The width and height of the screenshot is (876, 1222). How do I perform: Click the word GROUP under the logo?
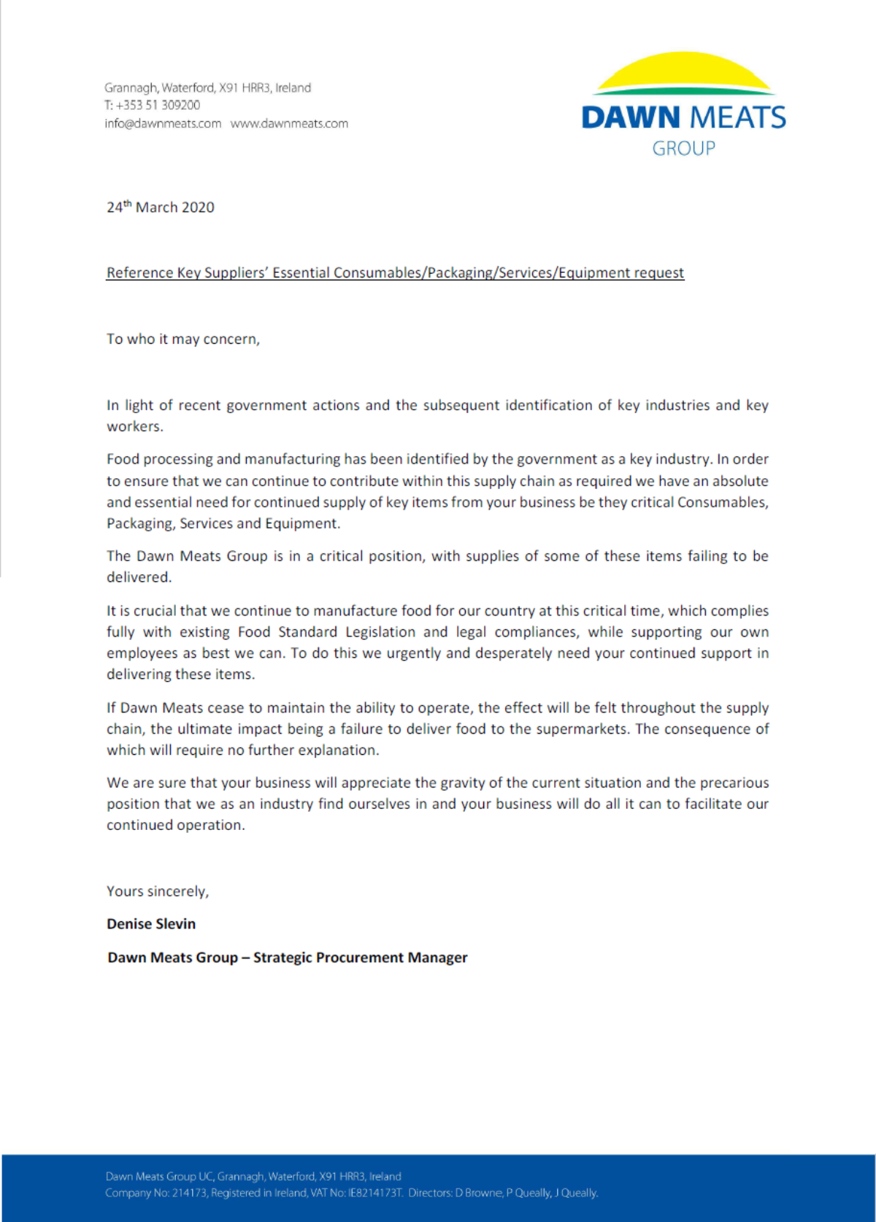point(683,148)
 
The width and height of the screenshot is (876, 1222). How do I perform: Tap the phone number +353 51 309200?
point(158,105)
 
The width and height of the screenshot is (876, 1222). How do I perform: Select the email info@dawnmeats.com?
point(163,123)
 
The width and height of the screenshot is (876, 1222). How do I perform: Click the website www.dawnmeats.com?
point(289,123)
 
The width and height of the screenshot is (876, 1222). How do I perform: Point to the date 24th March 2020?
point(161,207)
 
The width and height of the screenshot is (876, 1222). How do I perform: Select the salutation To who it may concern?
point(182,339)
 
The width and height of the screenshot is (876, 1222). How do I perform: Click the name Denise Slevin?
point(151,924)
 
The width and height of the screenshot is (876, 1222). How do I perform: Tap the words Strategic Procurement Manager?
point(360,958)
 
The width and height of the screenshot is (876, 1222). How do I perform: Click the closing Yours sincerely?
point(157,891)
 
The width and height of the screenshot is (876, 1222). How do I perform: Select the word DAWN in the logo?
point(631,118)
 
